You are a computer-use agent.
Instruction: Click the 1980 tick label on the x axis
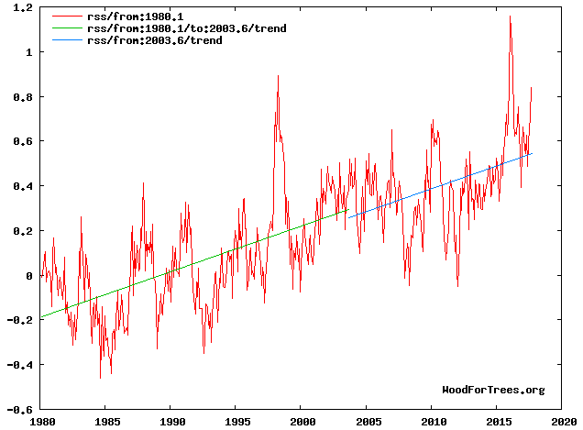coord(41,423)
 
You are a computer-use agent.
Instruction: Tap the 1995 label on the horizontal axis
coord(236,423)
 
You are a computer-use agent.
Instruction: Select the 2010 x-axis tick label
coord(433,423)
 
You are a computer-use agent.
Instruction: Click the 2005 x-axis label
coord(368,423)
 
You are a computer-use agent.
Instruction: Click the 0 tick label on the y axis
coord(29,276)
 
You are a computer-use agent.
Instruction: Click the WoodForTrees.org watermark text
coord(493,390)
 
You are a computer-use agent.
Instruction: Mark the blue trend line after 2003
coord(440,184)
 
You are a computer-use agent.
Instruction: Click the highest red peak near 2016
coord(510,17)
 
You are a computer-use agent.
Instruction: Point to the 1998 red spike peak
coord(278,76)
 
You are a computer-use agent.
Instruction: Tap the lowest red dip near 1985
coord(100,377)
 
